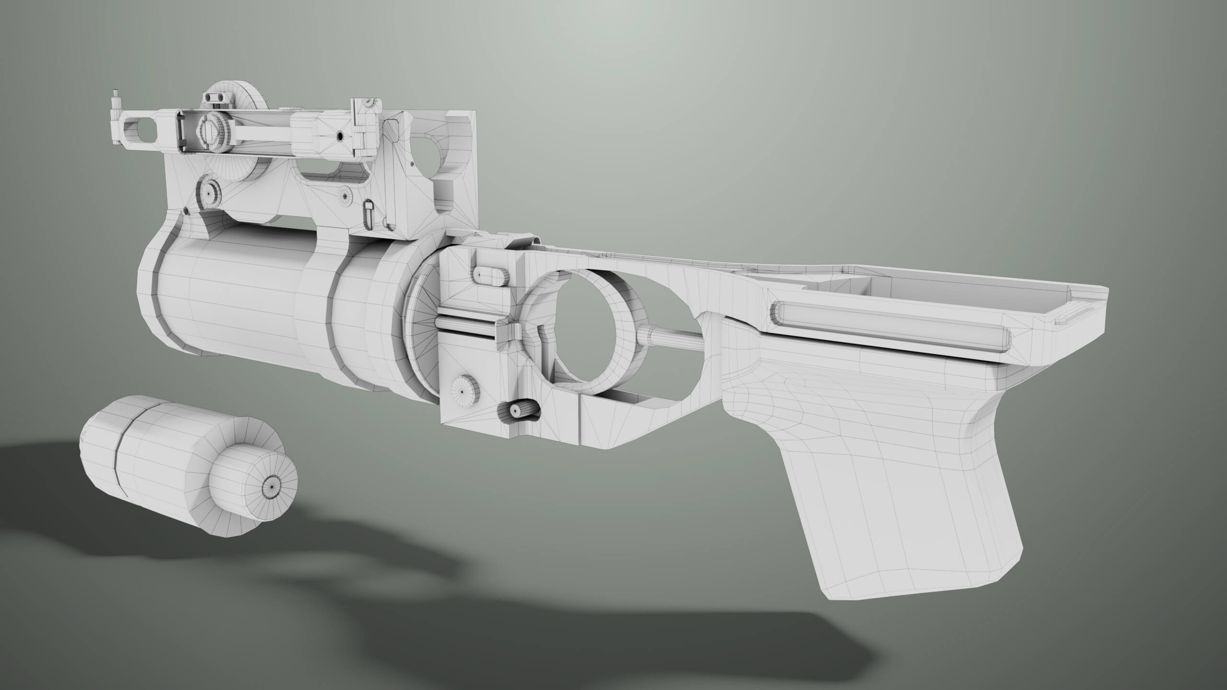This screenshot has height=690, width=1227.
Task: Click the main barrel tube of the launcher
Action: (230, 297)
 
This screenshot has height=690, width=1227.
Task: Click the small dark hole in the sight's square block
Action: (339, 137)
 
